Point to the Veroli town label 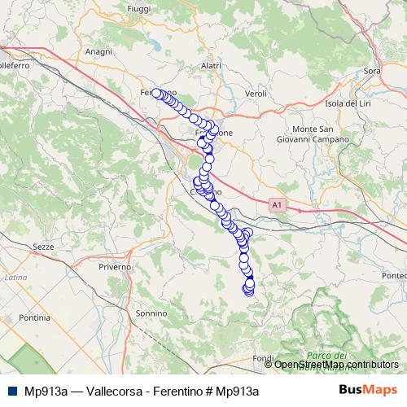(x=256, y=94)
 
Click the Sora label (x=373, y=72)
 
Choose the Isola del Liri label (x=348, y=103)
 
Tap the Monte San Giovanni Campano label (x=320, y=134)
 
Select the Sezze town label (x=44, y=245)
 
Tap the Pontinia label (x=33, y=317)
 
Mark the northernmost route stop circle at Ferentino (x=155, y=93)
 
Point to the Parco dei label (x=327, y=355)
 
